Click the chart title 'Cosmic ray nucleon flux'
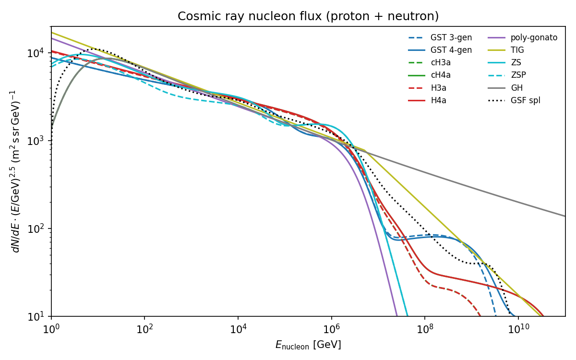tap(308, 16)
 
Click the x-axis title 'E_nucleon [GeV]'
tap(308, 345)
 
